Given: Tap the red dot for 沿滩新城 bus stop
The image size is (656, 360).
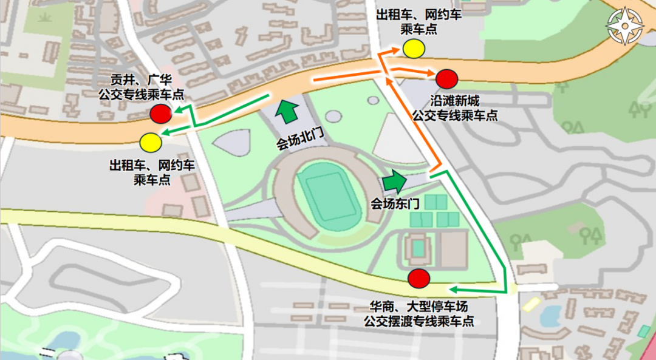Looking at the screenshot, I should tap(446, 78).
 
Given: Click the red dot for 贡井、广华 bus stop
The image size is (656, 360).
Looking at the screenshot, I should tap(160, 113).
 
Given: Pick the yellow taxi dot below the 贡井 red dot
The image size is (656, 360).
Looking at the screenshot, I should tap(150, 142).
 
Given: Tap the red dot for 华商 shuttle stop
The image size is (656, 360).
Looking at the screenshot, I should tap(419, 278).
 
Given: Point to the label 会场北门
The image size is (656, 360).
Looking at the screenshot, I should tap(299, 143).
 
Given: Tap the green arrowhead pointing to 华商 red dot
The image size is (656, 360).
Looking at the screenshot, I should tap(453, 288).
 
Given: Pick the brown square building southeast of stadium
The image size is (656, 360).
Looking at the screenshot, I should tap(454, 249).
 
